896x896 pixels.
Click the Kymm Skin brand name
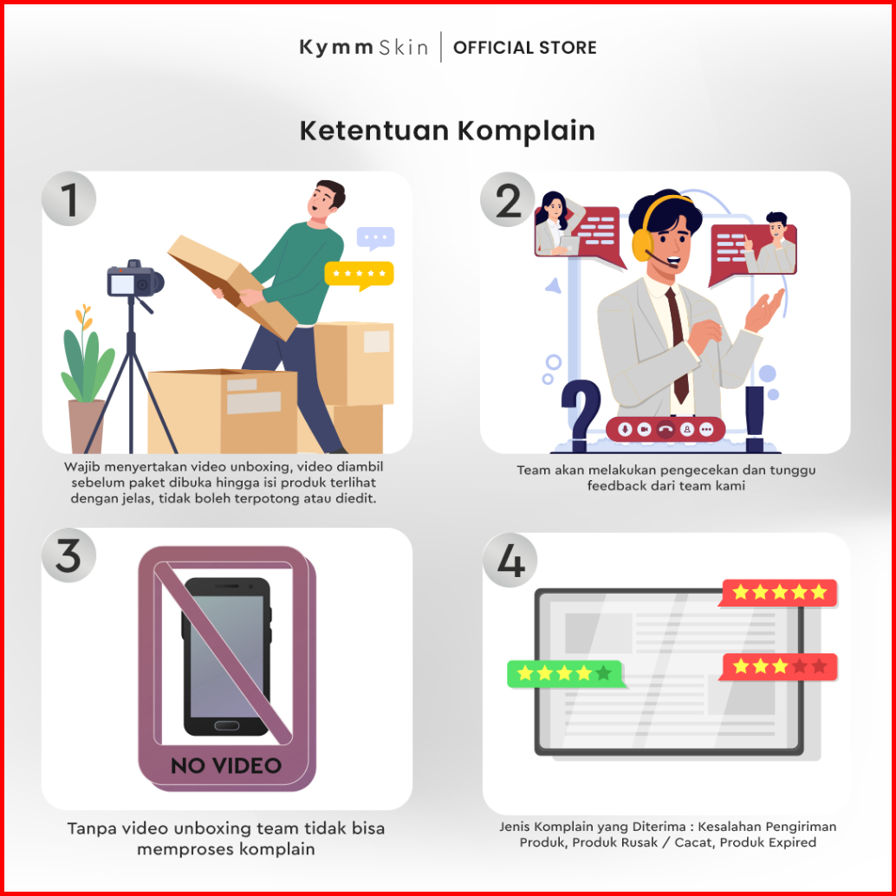[363, 48]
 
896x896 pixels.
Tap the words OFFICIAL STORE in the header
[524, 48]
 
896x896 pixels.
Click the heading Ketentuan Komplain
[447, 131]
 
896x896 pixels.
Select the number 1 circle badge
[68, 198]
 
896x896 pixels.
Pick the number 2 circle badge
[508, 200]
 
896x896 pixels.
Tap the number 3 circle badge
[68, 555]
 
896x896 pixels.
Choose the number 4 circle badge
[510, 561]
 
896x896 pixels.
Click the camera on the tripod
[135, 280]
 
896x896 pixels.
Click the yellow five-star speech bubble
[359, 275]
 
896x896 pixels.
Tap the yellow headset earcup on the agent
[642, 243]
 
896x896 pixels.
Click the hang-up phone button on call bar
[666, 429]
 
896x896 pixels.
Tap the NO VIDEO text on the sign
[226, 766]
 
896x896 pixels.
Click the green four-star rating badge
[565, 673]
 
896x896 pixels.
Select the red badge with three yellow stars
[778, 667]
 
